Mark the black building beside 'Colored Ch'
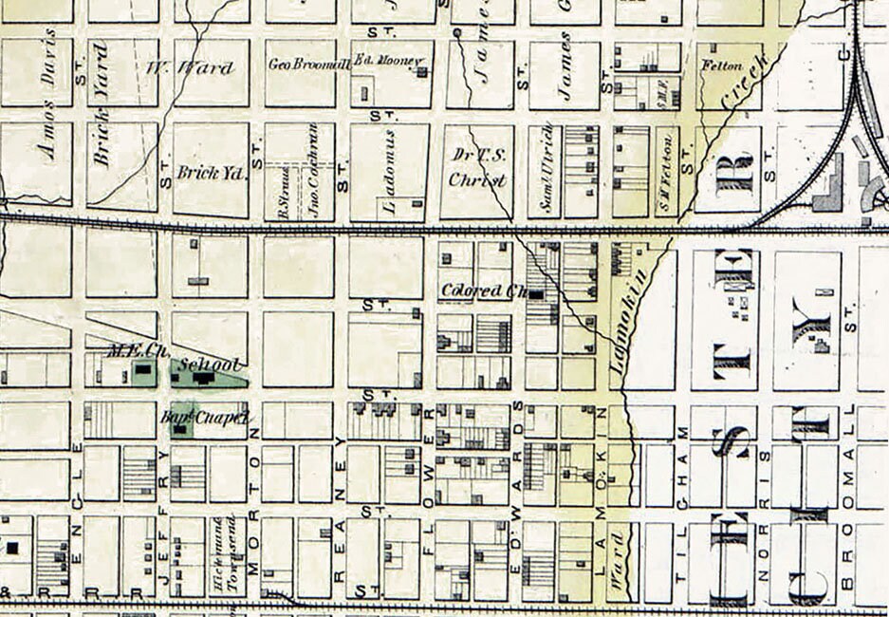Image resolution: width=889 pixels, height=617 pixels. coord(538,294)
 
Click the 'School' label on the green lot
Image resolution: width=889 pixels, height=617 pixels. coord(212,365)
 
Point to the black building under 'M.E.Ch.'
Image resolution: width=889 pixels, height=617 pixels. coord(143,368)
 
